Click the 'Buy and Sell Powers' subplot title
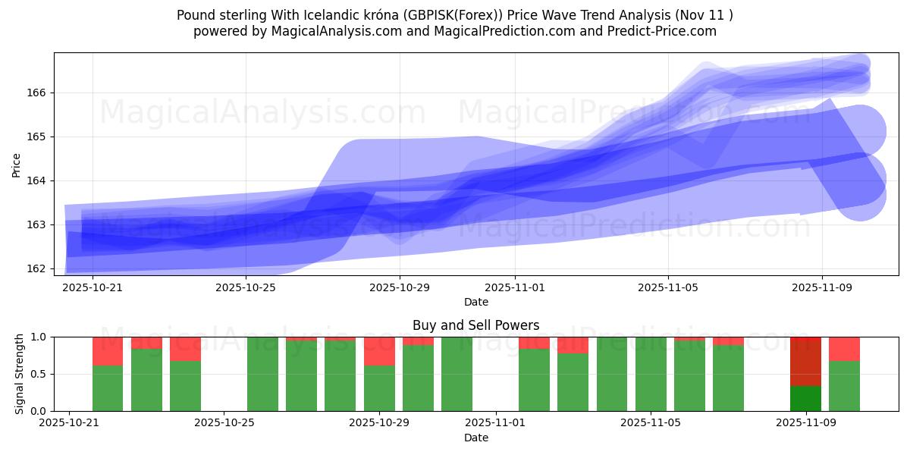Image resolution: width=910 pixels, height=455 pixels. pyautogui.click(x=475, y=325)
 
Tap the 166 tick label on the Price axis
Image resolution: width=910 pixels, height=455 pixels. pyautogui.click(x=37, y=93)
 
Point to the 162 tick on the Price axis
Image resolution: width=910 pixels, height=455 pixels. pyautogui.click(x=37, y=268)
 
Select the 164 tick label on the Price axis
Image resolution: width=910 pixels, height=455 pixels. pyautogui.click(x=37, y=180)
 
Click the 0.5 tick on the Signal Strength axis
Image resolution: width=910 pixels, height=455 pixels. pyautogui.click(x=40, y=374)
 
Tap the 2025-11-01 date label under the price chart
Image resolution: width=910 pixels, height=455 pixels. pyautogui.click(x=514, y=287)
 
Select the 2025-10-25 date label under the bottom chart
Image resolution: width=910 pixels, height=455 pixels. pyautogui.click(x=224, y=423)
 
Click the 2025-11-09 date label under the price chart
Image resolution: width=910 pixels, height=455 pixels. pyautogui.click(x=822, y=287)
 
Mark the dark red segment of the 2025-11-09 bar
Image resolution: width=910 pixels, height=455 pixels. pyautogui.click(x=805, y=361)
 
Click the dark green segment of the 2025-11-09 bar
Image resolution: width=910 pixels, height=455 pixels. pyautogui.click(x=805, y=398)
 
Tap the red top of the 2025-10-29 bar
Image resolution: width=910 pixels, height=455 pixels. pyautogui.click(x=379, y=351)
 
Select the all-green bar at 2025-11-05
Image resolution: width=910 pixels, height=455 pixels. pyautogui.click(x=651, y=374)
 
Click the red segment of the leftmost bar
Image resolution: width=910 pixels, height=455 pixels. pyautogui.click(x=108, y=351)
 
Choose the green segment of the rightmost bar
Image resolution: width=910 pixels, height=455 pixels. pyautogui.click(x=844, y=386)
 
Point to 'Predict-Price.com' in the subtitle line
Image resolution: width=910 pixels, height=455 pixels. pyautogui.click(x=666, y=31)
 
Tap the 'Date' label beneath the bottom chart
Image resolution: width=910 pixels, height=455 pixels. pyautogui.click(x=475, y=438)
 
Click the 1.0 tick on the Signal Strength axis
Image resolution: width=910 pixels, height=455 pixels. pyautogui.click(x=40, y=337)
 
